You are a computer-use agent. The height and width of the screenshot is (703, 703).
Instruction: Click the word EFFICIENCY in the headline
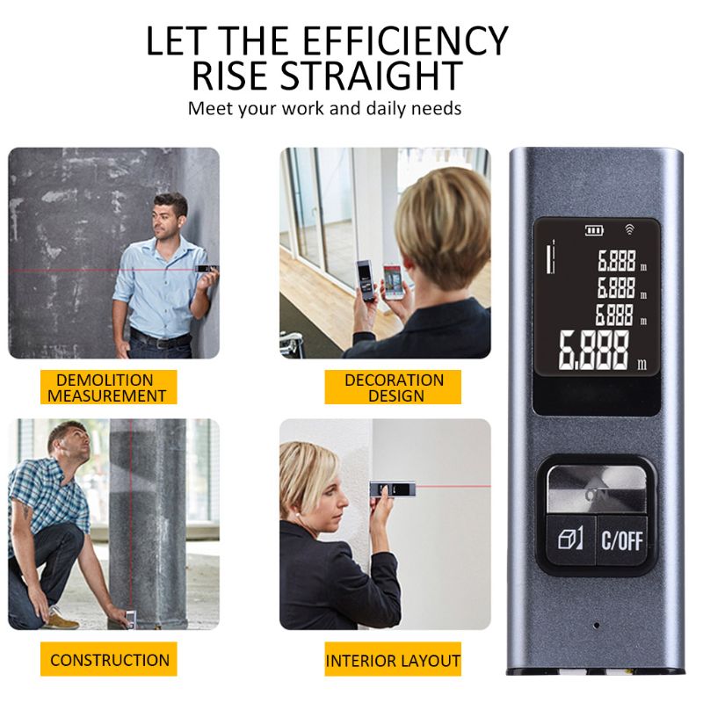405,40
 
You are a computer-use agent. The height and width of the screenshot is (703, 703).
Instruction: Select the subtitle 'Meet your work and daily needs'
324,108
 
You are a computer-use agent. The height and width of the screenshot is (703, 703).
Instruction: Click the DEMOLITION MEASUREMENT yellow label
108,388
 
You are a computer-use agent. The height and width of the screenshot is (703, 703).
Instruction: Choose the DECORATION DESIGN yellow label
393,388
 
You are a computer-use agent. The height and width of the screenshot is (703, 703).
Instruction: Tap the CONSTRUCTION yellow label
108,659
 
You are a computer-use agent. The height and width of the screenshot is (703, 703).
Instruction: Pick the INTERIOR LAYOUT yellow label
393,659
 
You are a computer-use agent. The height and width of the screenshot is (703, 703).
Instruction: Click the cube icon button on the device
570,539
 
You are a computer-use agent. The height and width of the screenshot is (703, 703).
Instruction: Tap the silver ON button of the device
597,489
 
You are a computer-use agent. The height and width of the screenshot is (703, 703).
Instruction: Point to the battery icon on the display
594,230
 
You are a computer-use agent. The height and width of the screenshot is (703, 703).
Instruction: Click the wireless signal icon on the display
630,230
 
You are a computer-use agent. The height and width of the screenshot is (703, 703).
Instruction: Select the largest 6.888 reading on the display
594,351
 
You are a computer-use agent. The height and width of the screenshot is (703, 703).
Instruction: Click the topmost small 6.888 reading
617,261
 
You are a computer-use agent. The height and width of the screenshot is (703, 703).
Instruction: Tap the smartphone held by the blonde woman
394,280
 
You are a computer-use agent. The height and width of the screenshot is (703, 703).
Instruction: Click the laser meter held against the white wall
392,489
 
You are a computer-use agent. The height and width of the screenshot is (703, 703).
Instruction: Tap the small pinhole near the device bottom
597,625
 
